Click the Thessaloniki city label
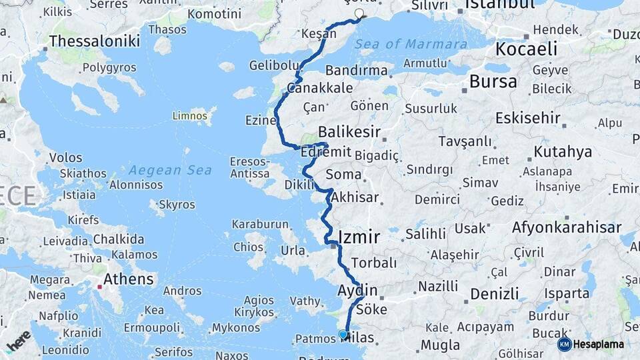[95, 41]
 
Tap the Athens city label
[128, 279]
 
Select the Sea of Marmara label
[411, 45]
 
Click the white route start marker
[360, 14]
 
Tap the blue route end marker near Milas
[343, 334]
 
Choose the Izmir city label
[359, 237]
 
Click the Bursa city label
[493, 82]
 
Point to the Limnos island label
[190, 115]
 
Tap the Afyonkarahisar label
[567, 227]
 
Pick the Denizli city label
[494, 294]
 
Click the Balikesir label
[349, 132]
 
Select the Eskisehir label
[528, 118]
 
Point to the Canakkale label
[319, 88]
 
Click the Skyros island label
[177, 205]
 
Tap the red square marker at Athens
[100, 287]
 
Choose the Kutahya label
[563, 151]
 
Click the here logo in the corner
[19, 339]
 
